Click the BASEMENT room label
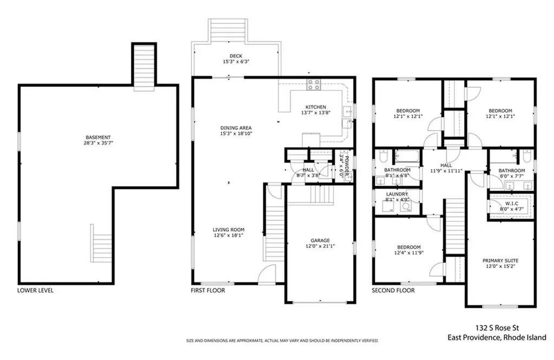(98, 138)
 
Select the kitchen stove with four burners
(313, 84)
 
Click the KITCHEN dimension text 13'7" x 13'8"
(315, 113)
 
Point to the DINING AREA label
(236, 128)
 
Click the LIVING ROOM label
(229, 230)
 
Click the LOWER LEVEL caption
(36, 290)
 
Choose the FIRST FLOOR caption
(208, 290)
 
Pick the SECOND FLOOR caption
(393, 290)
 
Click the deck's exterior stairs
(228, 28)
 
